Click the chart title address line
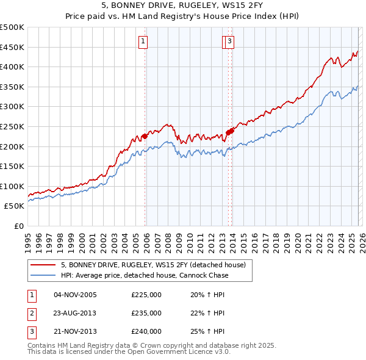point(183,6)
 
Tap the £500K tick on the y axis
point(12,27)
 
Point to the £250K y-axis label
point(12,126)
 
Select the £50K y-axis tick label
point(15,206)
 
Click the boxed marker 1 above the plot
point(143,41)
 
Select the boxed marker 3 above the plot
point(230,41)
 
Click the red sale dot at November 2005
point(145,136)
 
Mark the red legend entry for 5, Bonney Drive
point(152,265)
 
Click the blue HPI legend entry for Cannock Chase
point(144,275)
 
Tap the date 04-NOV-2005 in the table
point(75,295)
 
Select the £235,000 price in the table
point(146,313)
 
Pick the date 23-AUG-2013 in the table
point(75,313)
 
